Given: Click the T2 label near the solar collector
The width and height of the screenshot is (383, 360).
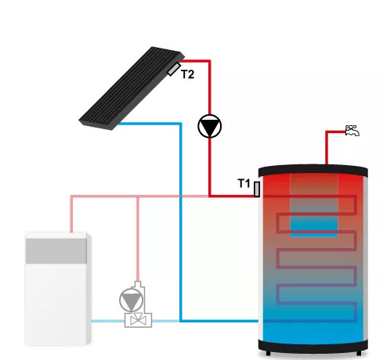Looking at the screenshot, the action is point(187,74).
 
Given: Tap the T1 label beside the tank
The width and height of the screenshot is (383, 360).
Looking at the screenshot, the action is point(244,183).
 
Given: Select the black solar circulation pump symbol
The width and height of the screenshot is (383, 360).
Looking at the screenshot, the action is point(210,126).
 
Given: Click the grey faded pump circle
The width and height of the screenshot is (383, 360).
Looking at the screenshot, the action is point(132,300).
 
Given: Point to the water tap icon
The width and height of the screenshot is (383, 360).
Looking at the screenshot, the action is point(352,131).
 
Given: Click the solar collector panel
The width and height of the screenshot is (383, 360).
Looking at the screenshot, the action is point(132,88).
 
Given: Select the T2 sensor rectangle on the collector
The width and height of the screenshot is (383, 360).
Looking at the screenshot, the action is point(174,69).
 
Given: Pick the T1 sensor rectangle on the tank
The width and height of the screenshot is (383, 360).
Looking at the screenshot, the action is point(257,189).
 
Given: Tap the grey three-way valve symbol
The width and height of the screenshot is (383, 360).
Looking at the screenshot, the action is point(138,320).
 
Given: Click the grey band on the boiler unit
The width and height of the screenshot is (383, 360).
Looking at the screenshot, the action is point(56,251).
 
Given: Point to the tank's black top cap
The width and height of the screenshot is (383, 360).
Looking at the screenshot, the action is point(313,171).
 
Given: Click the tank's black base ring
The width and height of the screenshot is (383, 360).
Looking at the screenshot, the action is point(313,346).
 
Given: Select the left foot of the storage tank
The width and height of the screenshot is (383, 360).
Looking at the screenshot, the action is point(268,353).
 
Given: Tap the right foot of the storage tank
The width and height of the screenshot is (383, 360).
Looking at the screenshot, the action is point(359,353).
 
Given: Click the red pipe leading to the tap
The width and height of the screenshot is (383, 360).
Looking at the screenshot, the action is point(327,148).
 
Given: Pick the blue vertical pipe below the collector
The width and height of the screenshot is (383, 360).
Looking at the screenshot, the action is point(181,221).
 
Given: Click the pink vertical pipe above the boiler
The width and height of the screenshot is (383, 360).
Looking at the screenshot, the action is point(71,214).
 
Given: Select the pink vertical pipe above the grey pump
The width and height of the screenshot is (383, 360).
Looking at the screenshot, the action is point(138,239).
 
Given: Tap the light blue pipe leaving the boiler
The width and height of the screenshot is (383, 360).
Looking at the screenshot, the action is point(108,321).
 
